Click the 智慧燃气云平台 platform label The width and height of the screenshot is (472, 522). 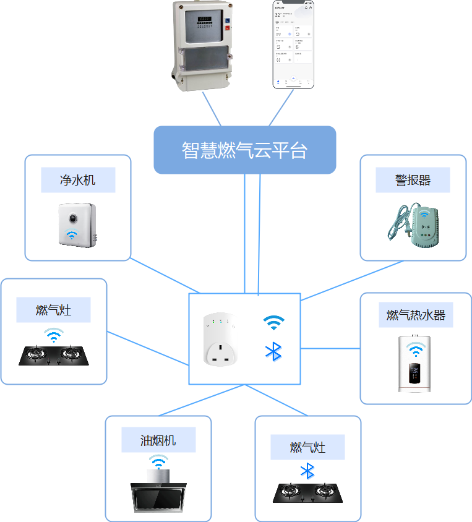(244, 150)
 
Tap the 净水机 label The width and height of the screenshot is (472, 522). (78, 180)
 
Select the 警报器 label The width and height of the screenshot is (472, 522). (413, 180)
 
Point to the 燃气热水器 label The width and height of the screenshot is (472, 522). (416, 315)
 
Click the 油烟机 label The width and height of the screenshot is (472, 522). (158, 440)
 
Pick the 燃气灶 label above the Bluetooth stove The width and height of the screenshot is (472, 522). (307, 447)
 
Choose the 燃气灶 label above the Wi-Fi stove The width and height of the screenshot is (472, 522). (53, 310)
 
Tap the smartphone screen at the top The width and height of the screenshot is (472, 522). (294, 43)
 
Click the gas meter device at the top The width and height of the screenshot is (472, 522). (202, 45)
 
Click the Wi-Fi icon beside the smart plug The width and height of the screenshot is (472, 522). (273, 322)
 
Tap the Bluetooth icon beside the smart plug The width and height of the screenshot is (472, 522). (273, 351)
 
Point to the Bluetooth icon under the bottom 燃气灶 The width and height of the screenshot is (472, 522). (307, 471)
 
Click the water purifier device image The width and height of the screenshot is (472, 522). (77, 225)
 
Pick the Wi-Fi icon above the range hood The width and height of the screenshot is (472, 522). (158, 462)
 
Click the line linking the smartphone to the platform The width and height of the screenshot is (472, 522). (281, 108)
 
